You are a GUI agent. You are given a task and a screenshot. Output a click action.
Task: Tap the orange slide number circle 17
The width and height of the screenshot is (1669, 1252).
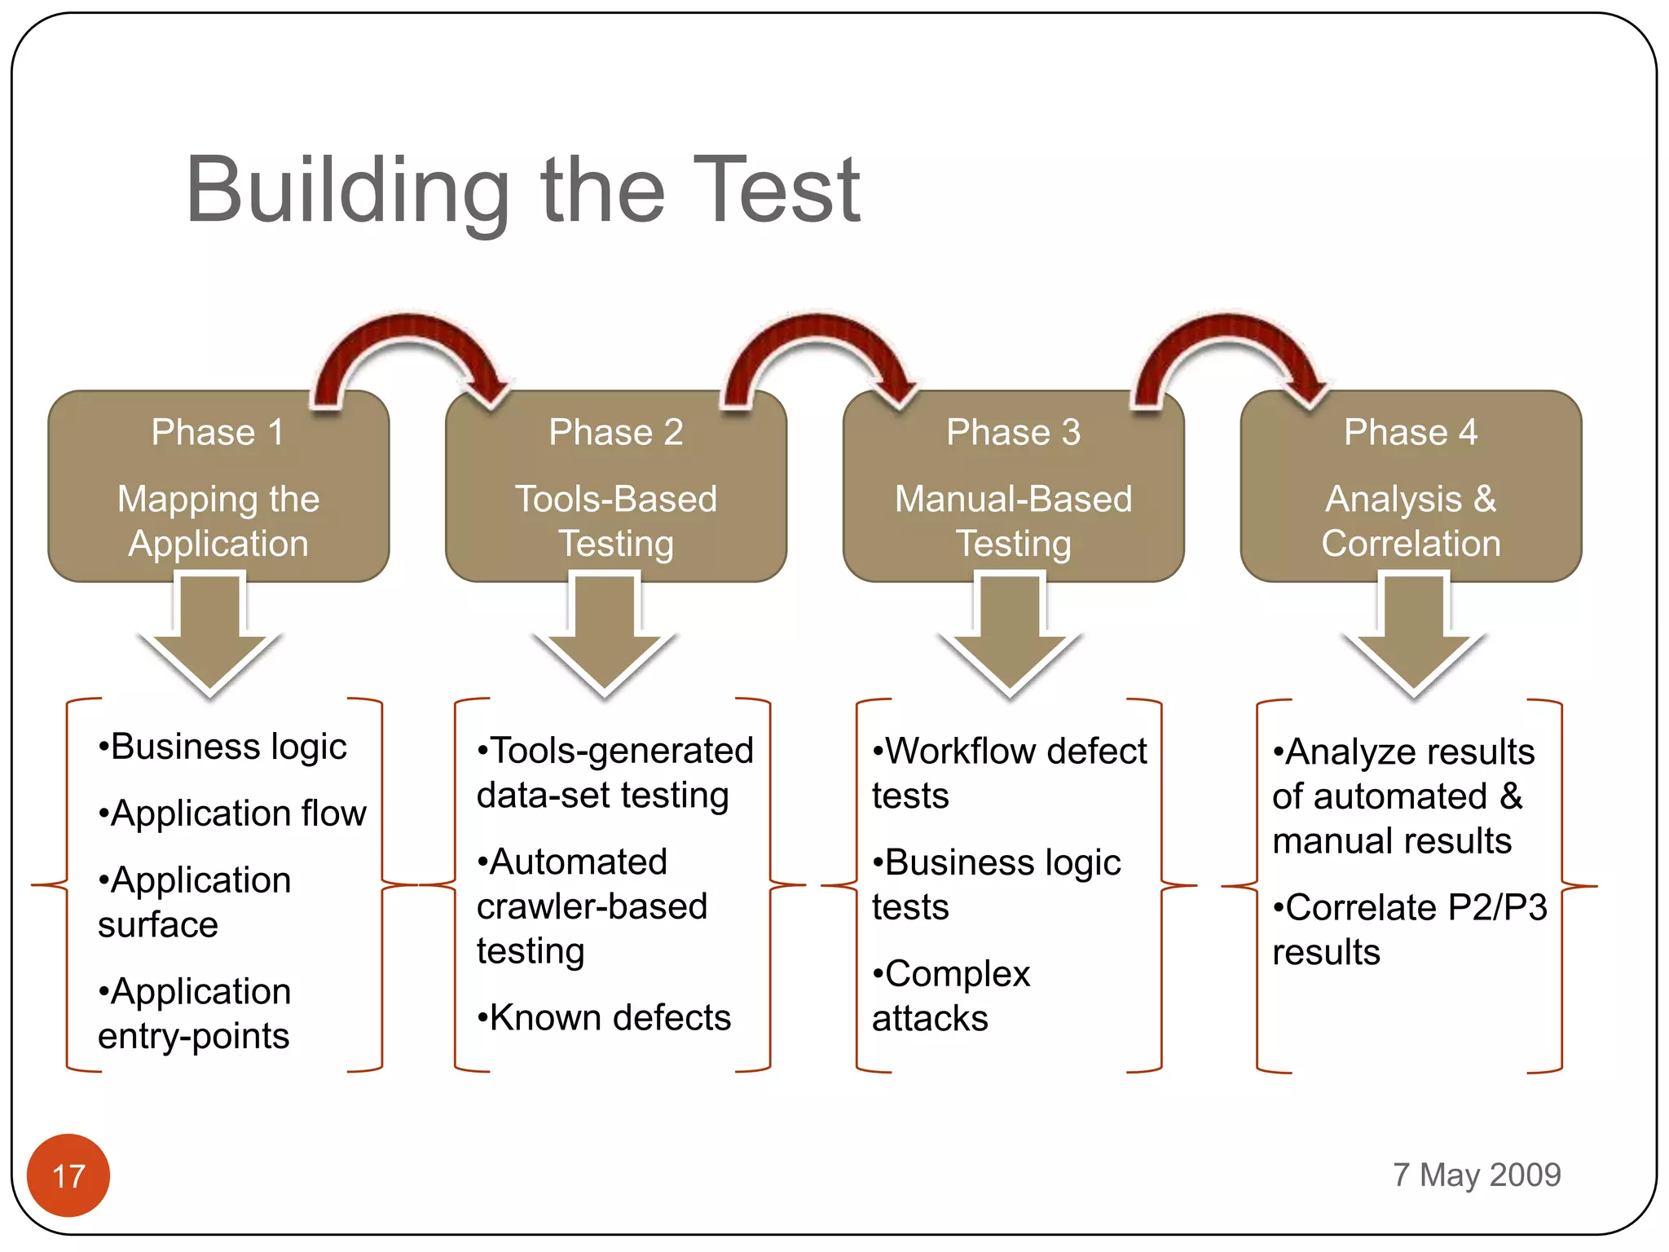tap(68, 1175)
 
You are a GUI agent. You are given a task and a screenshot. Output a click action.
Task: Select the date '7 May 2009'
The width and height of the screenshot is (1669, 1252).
tap(1476, 1175)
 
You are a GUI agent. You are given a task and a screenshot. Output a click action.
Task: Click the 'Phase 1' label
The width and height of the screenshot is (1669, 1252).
tap(218, 432)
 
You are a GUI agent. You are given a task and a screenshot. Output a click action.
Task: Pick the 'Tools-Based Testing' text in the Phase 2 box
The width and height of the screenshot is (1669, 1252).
tap(615, 521)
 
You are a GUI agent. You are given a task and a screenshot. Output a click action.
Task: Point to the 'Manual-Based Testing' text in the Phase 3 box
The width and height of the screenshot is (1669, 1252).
tap(1013, 521)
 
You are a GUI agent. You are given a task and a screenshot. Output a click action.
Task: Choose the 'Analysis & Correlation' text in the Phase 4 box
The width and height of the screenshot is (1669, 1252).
tap(1411, 521)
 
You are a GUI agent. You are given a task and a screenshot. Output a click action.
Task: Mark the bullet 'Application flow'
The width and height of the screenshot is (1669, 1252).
tap(232, 813)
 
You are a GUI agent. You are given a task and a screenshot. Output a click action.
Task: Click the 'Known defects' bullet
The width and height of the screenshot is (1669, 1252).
tap(604, 1017)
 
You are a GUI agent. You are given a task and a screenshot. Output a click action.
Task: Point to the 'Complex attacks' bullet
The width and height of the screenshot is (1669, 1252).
tap(950, 995)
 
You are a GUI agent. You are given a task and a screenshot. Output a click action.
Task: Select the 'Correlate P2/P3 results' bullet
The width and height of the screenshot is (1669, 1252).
tap(1409, 929)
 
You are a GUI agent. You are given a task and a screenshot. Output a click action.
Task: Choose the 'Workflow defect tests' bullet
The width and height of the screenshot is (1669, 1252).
tap(1009, 772)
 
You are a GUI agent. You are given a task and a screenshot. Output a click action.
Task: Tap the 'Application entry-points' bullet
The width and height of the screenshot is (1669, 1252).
tap(194, 1013)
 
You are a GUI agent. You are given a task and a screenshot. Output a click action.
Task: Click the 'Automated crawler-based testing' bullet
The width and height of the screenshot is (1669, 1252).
tap(592, 906)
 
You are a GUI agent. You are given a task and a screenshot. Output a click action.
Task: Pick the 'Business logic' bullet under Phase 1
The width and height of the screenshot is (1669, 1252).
tap(222, 747)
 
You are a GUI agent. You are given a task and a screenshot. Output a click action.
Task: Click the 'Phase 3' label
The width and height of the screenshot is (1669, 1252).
tap(1013, 432)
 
